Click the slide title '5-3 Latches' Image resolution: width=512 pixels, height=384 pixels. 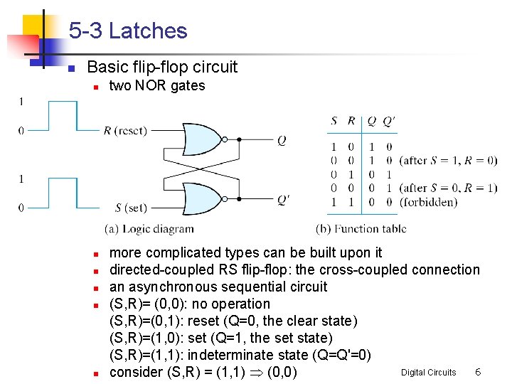[128, 31]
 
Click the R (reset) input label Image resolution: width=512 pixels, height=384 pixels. [125, 130]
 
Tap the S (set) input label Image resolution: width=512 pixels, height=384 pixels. [131, 208]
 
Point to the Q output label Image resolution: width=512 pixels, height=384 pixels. [282, 141]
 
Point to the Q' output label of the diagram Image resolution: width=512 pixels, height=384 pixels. [283, 200]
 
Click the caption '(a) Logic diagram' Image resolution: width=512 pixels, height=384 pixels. [149, 229]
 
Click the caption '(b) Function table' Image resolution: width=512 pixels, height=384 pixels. [361, 229]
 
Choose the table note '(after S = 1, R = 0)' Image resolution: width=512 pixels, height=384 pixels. [449, 160]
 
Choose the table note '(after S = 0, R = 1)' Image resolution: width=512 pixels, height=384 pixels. [449, 188]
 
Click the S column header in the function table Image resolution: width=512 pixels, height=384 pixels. [334, 122]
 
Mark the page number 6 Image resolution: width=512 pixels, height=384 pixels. [479, 372]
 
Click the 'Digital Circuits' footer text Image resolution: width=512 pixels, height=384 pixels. [428, 373]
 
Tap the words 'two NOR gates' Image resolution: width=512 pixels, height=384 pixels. [156, 86]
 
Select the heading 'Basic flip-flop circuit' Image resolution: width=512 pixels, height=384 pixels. [162, 68]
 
